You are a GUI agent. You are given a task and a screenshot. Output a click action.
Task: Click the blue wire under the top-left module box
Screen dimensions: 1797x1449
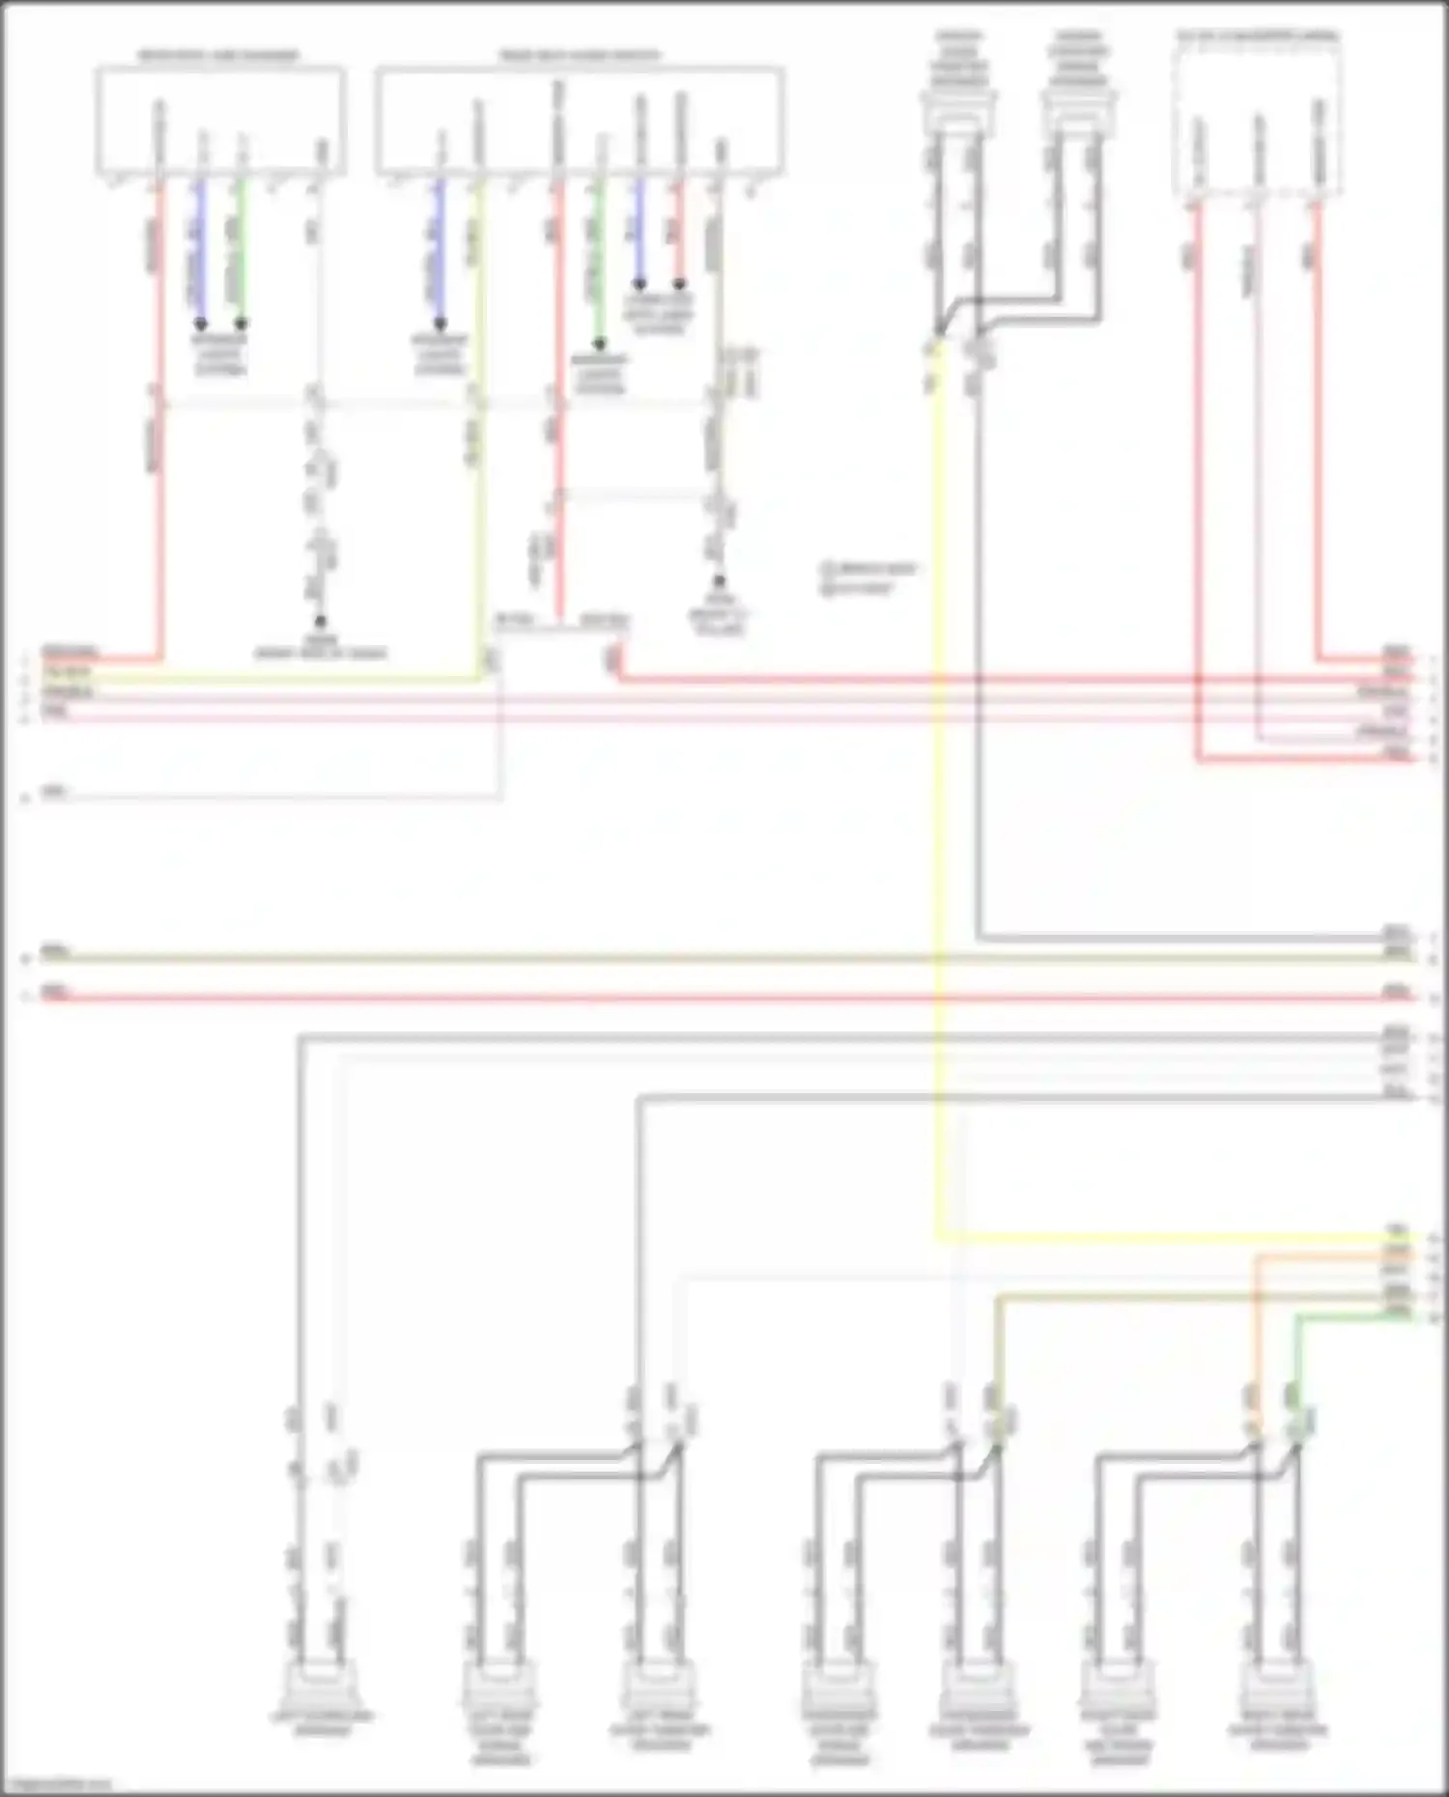tap(201, 251)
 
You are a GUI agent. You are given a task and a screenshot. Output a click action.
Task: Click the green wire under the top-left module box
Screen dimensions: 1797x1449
tap(241, 251)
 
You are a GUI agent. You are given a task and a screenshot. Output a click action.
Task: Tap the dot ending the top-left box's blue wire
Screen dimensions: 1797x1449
tap(201, 323)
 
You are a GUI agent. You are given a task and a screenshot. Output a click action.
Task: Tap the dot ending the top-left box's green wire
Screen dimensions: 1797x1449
tap(241, 323)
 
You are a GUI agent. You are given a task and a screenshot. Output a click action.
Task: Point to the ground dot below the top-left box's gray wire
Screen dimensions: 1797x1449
tap(320, 623)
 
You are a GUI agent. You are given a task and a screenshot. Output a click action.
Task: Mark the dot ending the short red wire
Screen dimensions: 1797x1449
tap(679, 285)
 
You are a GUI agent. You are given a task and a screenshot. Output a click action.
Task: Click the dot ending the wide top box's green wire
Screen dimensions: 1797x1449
tap(599, 344)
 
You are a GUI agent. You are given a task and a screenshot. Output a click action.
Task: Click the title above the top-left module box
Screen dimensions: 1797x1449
tap(219, 56)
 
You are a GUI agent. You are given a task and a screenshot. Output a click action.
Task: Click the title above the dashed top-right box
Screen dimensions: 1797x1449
tap(1257, 37)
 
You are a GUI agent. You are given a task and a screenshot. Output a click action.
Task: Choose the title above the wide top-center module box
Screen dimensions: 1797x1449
tap(579, 56)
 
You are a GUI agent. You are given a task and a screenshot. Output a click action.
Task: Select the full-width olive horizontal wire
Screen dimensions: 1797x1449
tap(715, 959)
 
